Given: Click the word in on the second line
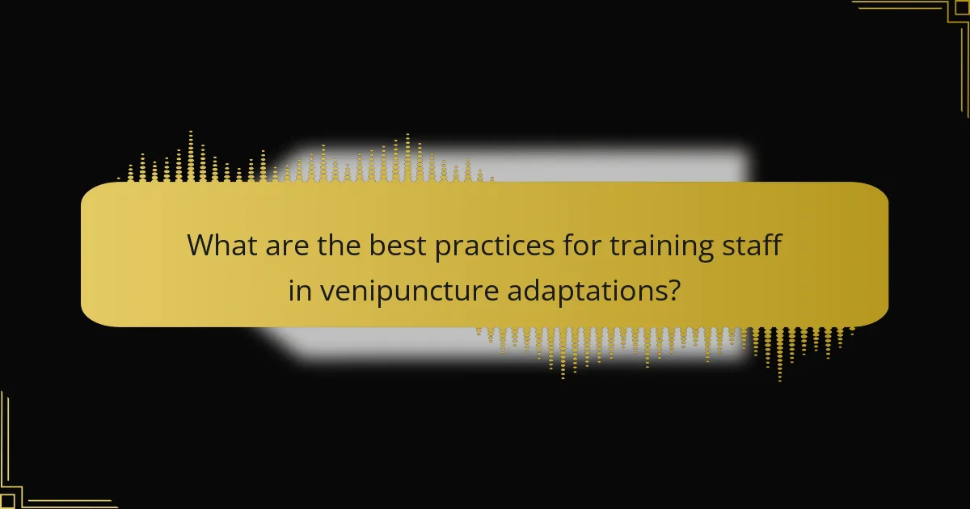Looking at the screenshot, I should [x=299, y=290].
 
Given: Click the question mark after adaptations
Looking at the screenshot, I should [x=673, y=290].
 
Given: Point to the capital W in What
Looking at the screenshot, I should [x=200, y=245].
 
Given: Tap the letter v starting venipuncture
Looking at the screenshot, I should [x=325, y=292].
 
